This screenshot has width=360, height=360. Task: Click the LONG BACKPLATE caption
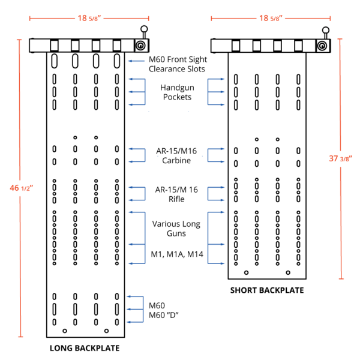(x=84, y=348)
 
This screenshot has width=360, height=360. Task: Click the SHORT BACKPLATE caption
(x=267, y=290)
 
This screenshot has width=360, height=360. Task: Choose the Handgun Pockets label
(x=176, y=92)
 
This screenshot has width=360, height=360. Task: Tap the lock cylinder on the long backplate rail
(x=139, y=46)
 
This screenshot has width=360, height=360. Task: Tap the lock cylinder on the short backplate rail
(x=322, y=46)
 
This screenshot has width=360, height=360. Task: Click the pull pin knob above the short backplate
(x=325, y=29)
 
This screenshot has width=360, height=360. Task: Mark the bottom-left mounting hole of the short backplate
(x=247, y=273)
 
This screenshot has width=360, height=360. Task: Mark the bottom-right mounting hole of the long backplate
(x=106, y=331)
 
